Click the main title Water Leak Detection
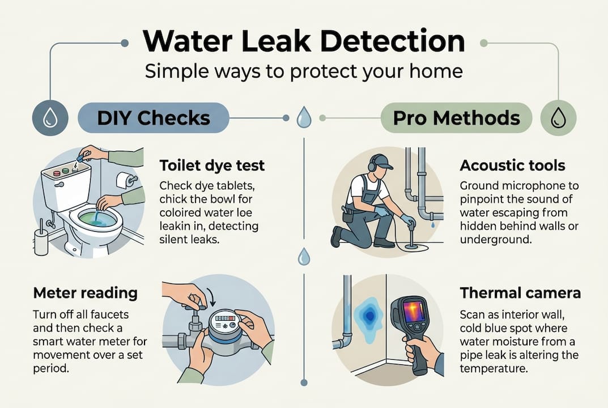pos(304,42)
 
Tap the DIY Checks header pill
pos(154,118)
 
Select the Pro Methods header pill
pos(456,118)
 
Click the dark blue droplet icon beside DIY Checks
pos(50,118)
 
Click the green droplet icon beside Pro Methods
pos(558,118)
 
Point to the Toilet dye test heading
pos(212,166)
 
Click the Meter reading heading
pos(85,293)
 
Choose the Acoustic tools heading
pos(512,165)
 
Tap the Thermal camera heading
pos(520,293)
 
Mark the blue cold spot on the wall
pos(369,315)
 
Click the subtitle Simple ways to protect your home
pos(304,71)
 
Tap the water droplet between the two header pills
pos(304,118)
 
